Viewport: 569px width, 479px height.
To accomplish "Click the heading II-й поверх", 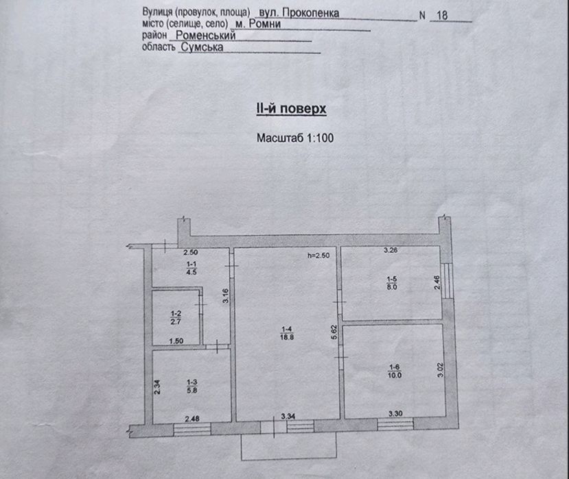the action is (292, 109).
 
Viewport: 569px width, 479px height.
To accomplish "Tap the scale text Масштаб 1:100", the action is (295, 138).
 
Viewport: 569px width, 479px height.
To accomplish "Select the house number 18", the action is (442, 16).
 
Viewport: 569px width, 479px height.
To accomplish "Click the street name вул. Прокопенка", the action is (297, 13).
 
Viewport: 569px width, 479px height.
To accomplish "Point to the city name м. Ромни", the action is (258, 24).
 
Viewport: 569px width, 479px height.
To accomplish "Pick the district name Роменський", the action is (206, 35).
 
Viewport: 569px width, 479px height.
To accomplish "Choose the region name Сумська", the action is (202, 47).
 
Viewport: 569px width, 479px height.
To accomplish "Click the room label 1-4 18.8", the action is (287, 333).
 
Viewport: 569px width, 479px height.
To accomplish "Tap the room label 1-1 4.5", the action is (191, 269).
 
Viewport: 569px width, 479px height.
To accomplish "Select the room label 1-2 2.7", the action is (176, 317).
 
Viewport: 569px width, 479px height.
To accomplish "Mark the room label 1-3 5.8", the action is (192, 386).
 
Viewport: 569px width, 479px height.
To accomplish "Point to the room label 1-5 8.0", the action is (392, 283).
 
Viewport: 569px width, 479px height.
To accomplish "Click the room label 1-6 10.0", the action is (395, 371).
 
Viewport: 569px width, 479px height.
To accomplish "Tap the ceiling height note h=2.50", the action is (318, 256).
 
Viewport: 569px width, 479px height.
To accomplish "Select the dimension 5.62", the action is (334, 332).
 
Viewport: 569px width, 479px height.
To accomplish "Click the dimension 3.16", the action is (225, 295).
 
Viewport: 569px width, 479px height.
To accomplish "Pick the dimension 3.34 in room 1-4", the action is (288, 417).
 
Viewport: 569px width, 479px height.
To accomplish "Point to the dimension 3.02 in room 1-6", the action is (441, 370).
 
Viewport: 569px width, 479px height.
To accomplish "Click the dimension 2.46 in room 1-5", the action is (437, 282).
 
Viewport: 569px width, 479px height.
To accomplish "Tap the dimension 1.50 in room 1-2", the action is (176, 341).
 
